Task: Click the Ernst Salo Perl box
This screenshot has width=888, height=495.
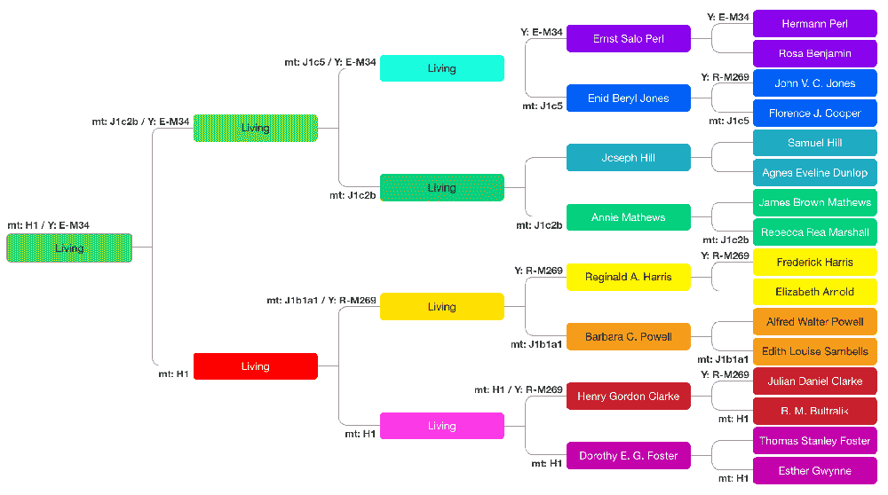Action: [628, 39]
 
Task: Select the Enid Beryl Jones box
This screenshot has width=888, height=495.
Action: [628, 98]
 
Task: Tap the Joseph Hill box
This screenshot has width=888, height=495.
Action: [628, 158]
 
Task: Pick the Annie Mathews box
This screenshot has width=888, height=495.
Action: [628, 217]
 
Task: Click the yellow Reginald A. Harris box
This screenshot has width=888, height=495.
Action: [628, 277]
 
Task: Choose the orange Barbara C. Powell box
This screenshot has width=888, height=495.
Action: [628, 336]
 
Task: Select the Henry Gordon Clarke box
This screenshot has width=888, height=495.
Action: [628, 396]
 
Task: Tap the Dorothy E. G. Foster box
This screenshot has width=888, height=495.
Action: [628, 456]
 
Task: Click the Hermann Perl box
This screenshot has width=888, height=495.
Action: [814, 24]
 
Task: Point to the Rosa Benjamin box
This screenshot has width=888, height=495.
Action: [814, 53]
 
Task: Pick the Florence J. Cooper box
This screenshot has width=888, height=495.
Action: [814, 114]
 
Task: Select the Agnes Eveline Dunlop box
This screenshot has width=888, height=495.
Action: [814, 173]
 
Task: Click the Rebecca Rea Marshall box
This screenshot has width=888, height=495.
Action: [814, 232]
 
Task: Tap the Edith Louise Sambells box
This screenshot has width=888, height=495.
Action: [814, 351]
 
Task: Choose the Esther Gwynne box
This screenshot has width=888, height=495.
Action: [814, 471]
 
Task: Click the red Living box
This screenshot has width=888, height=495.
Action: [255, 366]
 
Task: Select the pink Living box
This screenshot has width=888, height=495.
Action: [441, 426]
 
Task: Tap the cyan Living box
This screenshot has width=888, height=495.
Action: [441, 68]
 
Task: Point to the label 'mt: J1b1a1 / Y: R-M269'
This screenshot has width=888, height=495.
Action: [321, 300]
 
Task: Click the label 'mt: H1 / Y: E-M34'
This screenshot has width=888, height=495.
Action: [48, 226]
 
